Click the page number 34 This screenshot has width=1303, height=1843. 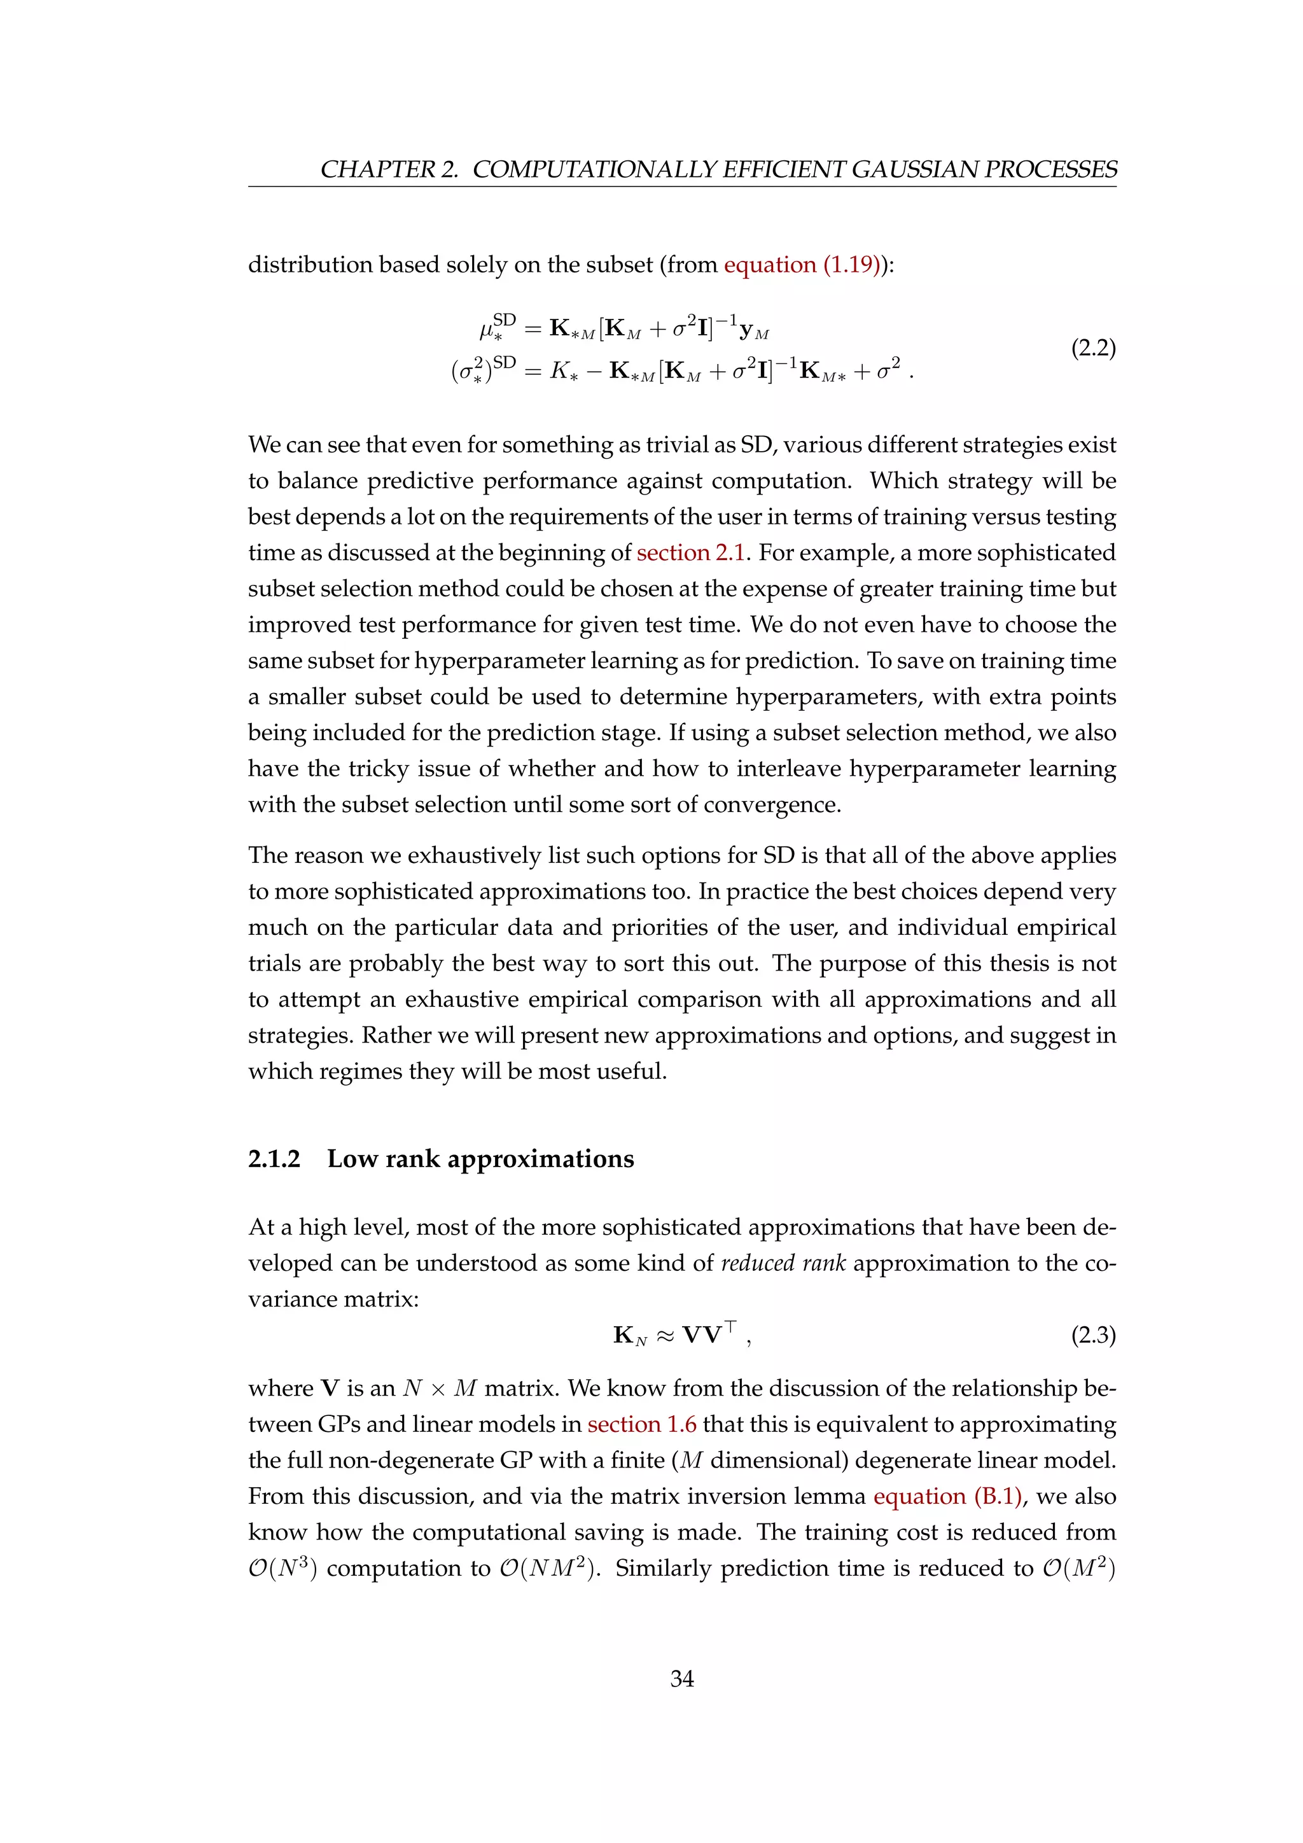coord(681,1678)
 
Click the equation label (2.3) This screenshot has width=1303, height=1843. coord(1093,1335)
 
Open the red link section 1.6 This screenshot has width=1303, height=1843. coord(642,1424)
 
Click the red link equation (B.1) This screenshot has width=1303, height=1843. coord(947,1496)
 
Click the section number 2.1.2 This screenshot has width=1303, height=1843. coord(274,1158)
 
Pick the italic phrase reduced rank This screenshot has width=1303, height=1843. coord(783,1263)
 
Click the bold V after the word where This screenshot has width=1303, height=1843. coord(330,1389)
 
